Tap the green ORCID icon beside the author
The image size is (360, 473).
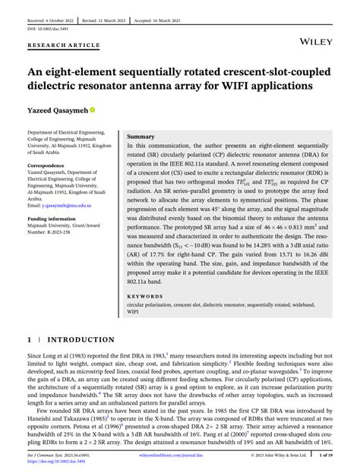[93, 109]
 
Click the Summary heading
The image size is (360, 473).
[141, 135]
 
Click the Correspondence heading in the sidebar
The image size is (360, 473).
[51, 164]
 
